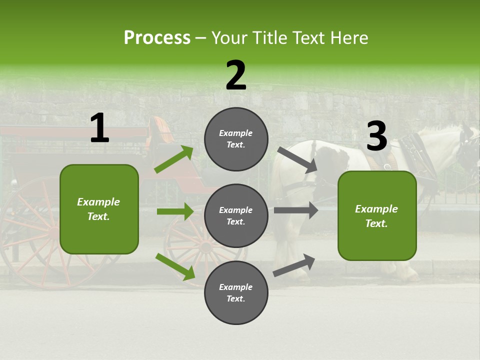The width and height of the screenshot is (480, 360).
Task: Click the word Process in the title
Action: pos(157,37)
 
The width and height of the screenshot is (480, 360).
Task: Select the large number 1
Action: pos(100,127)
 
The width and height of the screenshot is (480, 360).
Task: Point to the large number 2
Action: pos(236,74)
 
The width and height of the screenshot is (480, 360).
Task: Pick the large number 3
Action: pos(377,135)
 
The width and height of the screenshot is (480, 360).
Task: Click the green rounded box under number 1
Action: pos(99,209)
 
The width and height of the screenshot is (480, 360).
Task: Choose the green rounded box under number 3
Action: pos(377,216)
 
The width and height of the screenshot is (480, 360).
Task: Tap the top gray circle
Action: pos(236,139)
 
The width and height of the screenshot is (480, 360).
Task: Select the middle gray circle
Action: pos(236,216)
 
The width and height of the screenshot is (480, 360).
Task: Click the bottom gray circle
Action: pos(236,292)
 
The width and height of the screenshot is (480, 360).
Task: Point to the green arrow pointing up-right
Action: pos(173,159)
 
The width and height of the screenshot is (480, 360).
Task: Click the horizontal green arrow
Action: pos(175,211)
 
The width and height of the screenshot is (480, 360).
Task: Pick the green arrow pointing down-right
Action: pos(175,266)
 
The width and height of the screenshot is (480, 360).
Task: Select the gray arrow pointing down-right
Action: pos(297,160)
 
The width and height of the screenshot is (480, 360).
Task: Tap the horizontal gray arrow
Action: pos(296,210)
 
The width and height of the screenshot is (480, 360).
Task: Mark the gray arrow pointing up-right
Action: pos(294,265)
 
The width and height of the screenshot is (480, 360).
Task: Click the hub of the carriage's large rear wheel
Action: pos(53,233)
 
